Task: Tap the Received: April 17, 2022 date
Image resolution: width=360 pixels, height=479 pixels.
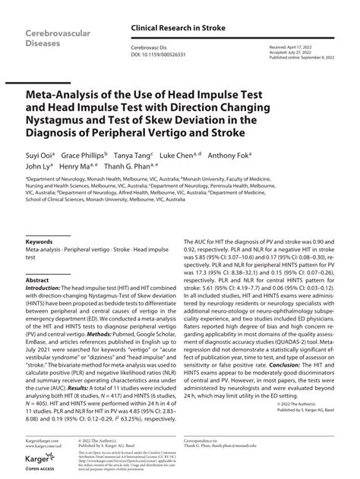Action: tap(292, 46)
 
